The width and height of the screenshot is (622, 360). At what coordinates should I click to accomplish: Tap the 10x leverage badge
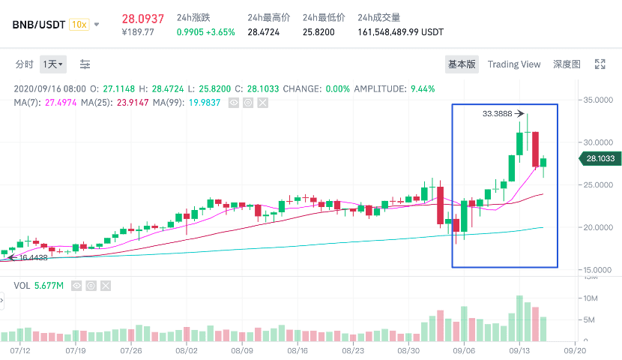click(x=78, y=24)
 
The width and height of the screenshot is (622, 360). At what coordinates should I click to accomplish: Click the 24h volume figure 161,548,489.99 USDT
click(x=400, y=32)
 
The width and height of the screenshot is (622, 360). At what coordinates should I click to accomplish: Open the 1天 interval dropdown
click(x=52, y=64)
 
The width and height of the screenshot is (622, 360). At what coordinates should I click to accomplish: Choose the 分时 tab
click(x=24, y=64)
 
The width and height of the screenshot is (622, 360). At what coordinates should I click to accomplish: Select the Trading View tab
click(x=513, y=64)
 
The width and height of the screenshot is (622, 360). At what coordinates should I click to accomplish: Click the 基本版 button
click(x=462, y=64)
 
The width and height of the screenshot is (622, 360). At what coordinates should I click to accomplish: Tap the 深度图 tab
click(x=567, y=64)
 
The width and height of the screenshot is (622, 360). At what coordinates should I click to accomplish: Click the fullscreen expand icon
click(x=600, y=64)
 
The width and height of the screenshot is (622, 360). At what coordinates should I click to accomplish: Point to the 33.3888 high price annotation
click(x=497, y=114)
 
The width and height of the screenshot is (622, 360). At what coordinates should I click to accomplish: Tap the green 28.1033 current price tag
click(x=599, y=158)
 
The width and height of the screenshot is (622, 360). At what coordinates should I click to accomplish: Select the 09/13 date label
click(x=519, y=350)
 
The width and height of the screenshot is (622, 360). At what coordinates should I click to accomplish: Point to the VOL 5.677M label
click(x=39, y=285)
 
